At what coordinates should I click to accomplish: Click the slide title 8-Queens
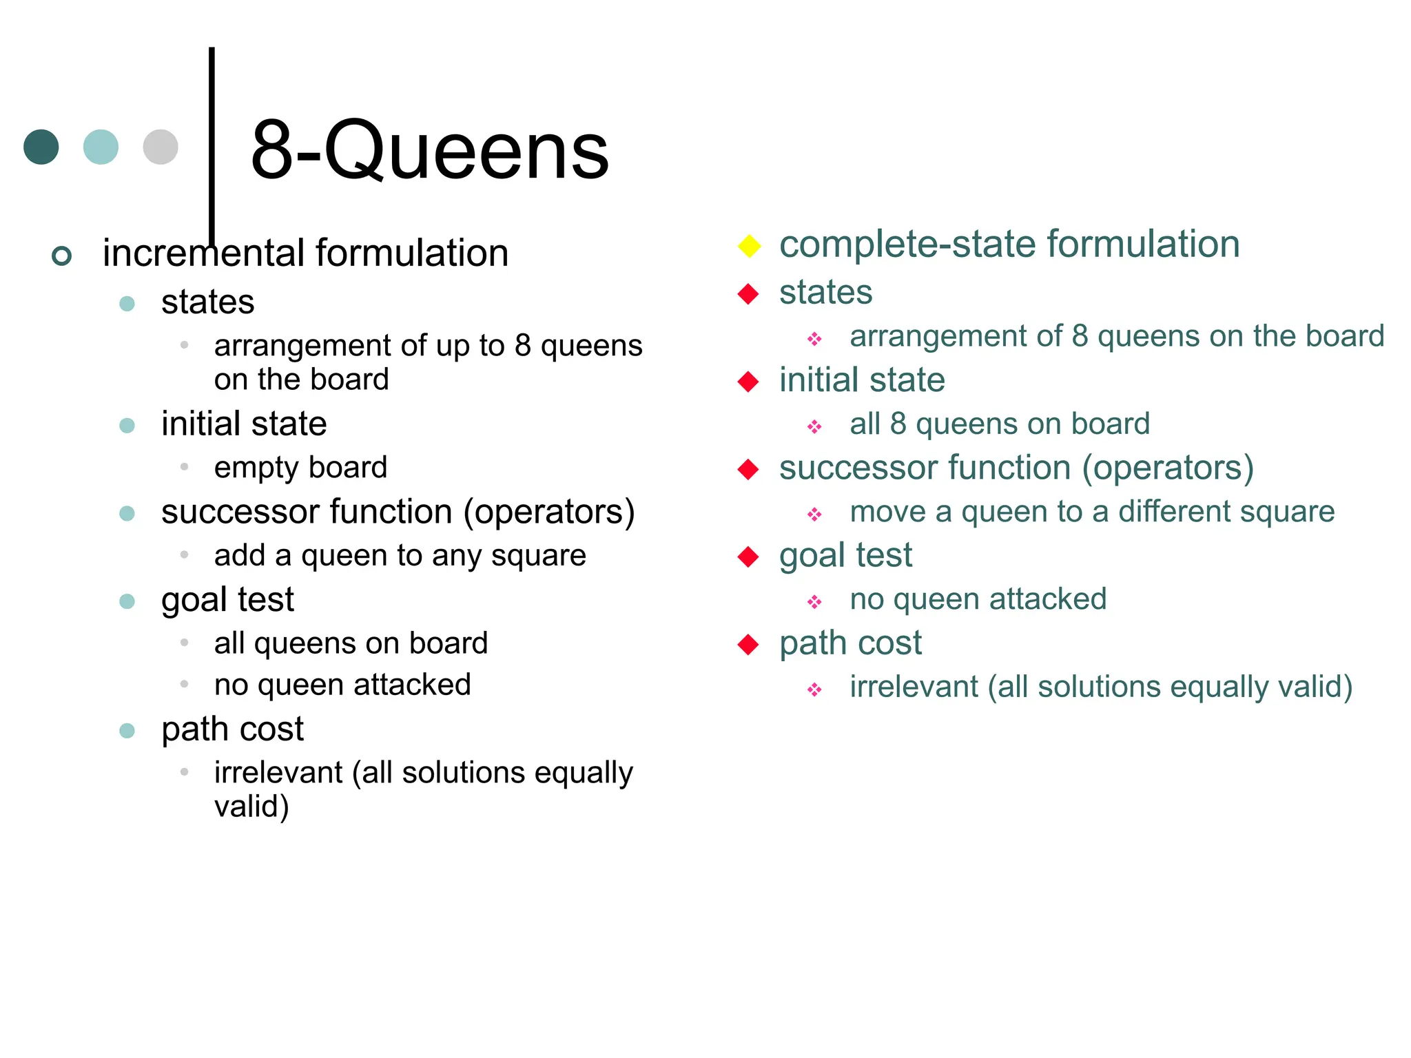pos(429,150)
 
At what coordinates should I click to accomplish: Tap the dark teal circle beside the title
pos(41,147)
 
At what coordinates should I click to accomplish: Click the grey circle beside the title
pos(161,147)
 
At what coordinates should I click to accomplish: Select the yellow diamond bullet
pos(749,246)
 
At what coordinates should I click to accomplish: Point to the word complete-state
pos(908,244)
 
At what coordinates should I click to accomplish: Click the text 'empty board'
pos(300,467)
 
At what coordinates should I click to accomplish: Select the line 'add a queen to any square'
pos(400,555)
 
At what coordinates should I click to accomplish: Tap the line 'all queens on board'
pos(351,643)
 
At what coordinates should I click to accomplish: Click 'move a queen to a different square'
pos(1092,512)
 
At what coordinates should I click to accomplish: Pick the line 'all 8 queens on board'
pos(1000,424)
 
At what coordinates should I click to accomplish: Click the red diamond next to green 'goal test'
pos(748,557)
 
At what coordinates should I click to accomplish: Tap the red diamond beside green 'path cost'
pos(748,645)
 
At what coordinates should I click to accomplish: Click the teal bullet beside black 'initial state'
pos(127,425)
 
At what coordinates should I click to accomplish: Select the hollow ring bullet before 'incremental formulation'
pos(62,256)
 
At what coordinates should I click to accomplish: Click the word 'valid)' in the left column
pos(251,806)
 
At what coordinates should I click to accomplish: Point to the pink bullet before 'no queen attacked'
pos(814,602)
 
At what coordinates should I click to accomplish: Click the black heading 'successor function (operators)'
pos(398,512)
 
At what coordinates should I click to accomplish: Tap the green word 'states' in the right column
pos(825,292)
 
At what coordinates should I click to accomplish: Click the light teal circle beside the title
pos(101,147)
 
